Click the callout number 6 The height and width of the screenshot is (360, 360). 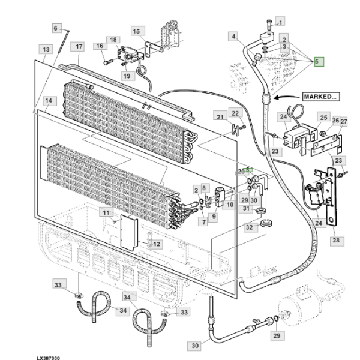56,28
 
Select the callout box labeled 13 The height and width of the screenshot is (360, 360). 45,48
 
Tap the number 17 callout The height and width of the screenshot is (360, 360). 78,46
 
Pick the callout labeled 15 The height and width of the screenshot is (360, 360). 136,31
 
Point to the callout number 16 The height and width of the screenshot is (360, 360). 100,46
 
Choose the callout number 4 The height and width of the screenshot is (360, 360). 233,37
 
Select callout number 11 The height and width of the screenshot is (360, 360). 106,213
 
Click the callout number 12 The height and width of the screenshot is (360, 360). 155,244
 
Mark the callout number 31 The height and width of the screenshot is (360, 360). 246,208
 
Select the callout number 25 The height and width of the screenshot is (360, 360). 323,117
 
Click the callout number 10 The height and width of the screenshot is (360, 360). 230,205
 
